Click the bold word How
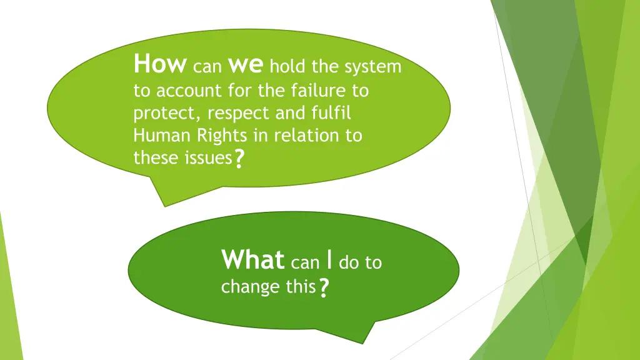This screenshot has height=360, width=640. (x=159, y=63)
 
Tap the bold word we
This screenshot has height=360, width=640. (x=247, y=64)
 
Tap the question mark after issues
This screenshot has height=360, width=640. (x=238, y=160)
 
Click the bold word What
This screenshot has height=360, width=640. (x=252, y=259)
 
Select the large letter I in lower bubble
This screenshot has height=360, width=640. (x=329, y=259)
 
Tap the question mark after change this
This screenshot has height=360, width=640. (x=323, y=288)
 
